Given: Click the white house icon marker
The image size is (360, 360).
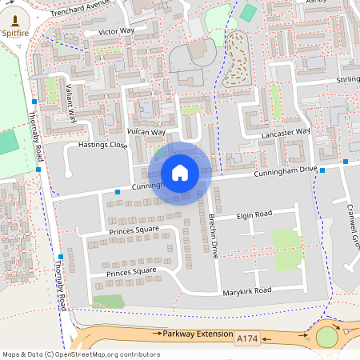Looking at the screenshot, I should tap(180, 173).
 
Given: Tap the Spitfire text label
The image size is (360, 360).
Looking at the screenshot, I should tap(17, 34).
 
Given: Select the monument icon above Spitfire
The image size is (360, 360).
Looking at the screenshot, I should tap(17, 18).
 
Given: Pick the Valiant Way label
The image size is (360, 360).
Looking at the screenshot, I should tap(70, 102).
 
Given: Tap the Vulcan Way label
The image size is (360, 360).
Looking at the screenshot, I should tap(146, 132).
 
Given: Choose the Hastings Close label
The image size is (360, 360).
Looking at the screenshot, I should tap(102, 145).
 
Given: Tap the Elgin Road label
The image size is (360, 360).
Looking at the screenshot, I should tap(254, 214).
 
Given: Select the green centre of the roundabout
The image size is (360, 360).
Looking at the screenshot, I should tap(326, 338).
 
